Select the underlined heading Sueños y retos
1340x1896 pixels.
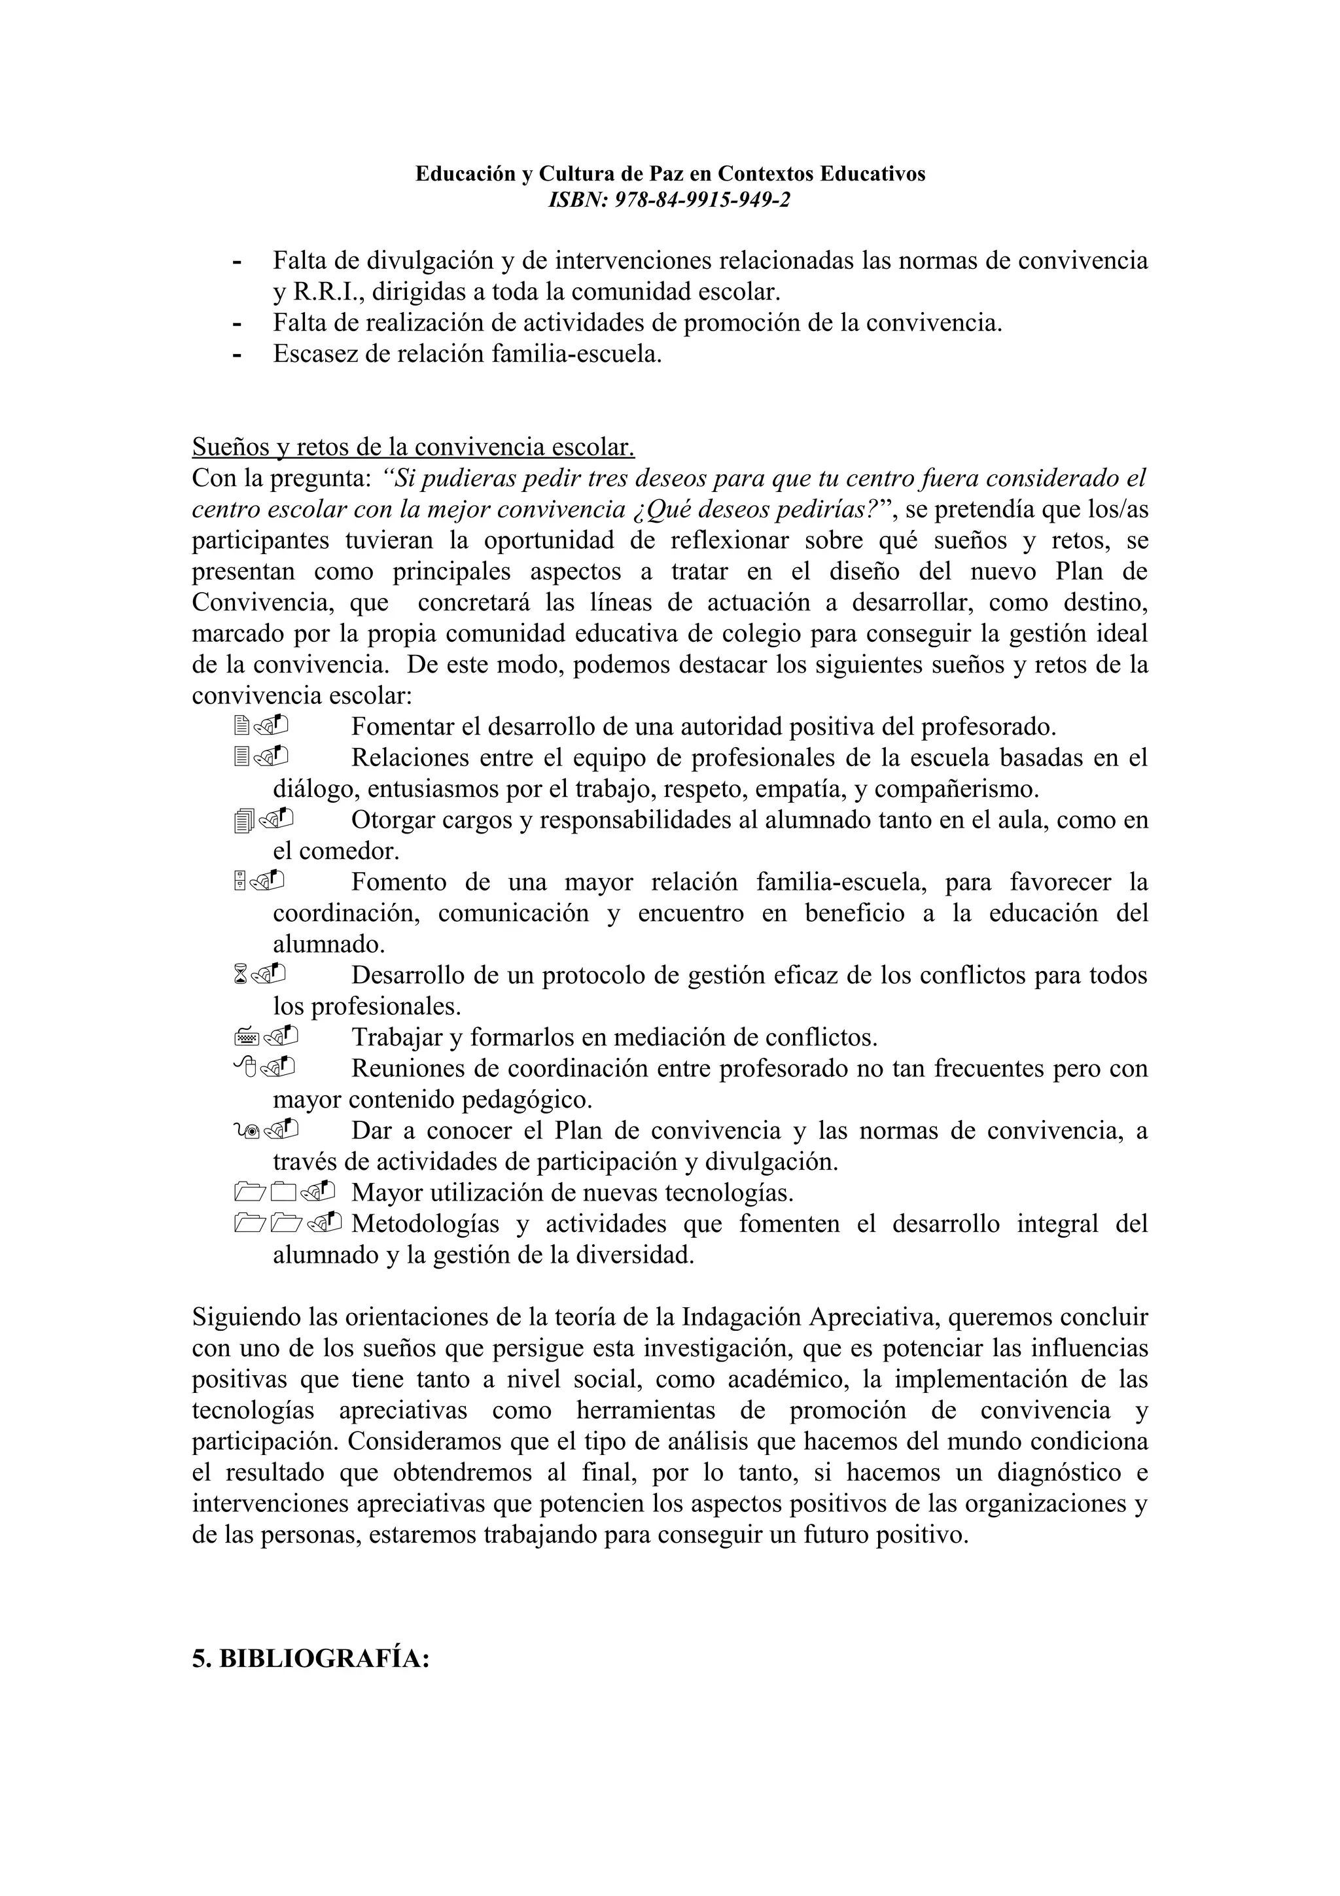[x=413, y=447]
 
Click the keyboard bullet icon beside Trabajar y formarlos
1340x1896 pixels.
[x=247, y=1037]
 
